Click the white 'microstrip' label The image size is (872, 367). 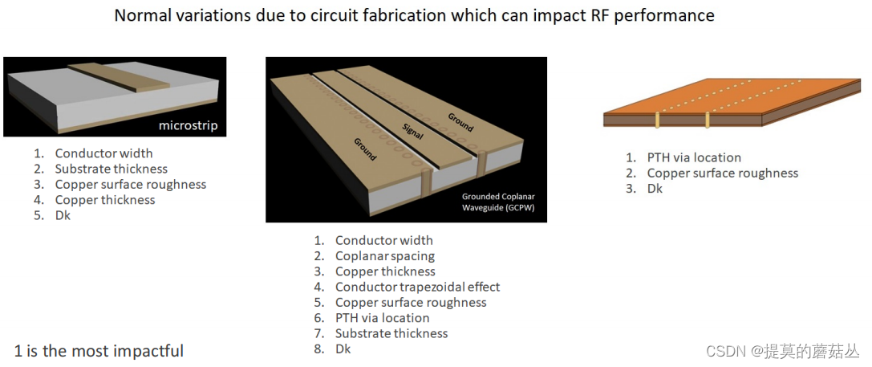tap(188, 125)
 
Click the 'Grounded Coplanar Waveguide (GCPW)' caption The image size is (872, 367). tap(497, 202)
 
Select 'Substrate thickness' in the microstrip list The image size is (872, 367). tap(111, 169)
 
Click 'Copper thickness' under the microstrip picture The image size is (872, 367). tap(104, 200)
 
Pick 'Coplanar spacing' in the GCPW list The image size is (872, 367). tap(384, 256)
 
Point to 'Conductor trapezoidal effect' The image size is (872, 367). tap(417, 287)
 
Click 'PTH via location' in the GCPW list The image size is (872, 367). tap(382, 318)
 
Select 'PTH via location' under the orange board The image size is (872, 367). tap(694, 157)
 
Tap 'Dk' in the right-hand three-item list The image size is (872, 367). tap(655, 189)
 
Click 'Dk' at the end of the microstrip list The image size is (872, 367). tap(63, 215)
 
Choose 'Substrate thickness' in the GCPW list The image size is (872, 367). tap(391, 333)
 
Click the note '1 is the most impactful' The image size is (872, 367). tap(99, 351)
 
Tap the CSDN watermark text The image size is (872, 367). tap(781, 352)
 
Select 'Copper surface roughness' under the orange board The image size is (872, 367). tap(722, 173)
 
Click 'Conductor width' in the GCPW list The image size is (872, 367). tap(383, 240)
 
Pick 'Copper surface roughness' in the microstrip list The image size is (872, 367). tap(130, 185)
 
